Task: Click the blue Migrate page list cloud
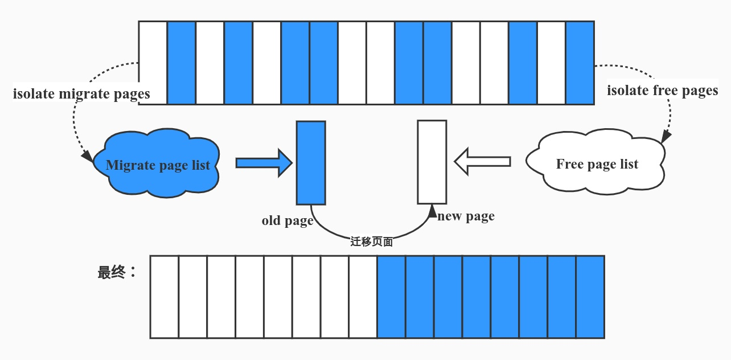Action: coord(157,165)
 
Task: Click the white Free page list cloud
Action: coord(596,164)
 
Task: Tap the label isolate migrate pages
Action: coord(81,94)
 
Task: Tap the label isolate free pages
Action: coord(662,91)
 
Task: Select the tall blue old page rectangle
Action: coord(311,162)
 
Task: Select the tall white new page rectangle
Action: coord(432,162)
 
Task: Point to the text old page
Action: coord(288,221)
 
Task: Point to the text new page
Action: coord(466,216)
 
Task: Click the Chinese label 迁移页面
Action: coord(372,242)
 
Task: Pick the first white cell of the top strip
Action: coord(153,63)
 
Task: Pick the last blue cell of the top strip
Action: coord(580,63)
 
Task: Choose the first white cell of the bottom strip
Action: coord(164,296)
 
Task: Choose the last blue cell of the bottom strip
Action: coord(590,296)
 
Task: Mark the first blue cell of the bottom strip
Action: coord(391,296)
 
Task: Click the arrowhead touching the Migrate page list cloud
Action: coord(87,156)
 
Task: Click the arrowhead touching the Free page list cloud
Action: coord(665,137)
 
